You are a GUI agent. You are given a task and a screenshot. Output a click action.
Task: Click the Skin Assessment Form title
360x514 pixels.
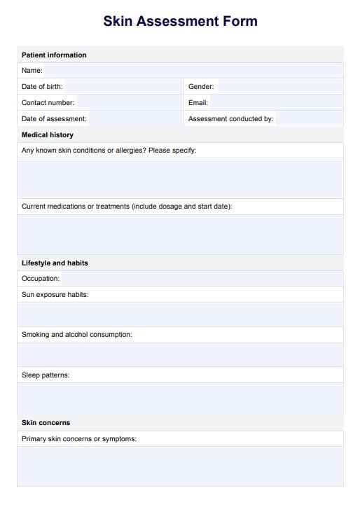click(x=180, y=21)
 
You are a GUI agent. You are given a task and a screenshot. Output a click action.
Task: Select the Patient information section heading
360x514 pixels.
click(x=54, y=55)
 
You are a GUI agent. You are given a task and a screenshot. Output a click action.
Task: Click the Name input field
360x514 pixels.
click(x=193, y=70)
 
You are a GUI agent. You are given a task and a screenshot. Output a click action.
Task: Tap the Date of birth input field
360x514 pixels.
click(x=123, y=86)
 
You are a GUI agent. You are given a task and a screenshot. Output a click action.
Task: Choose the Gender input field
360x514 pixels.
click(x=279, y=86)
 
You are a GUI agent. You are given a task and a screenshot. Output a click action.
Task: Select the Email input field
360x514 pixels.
click(x=277, y=102)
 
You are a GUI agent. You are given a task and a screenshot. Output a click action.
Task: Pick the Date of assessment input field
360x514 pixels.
click(x=135, y=118)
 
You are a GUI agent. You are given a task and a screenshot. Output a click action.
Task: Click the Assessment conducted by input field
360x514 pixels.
click(x=309, y=118)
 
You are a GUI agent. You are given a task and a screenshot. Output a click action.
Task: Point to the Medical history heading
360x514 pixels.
click(x=48, y=134)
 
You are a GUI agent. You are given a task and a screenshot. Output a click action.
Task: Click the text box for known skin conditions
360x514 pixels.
click(x=180, y=178)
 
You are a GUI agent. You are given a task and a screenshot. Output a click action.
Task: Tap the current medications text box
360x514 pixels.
click(x=180, y=234)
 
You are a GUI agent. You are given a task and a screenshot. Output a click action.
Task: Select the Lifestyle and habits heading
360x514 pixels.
click(x=55, y=263)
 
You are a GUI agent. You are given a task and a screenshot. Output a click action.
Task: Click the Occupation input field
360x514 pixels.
click(x=202, y=279)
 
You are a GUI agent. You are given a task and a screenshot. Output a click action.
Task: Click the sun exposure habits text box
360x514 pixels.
click(x=180, y=314)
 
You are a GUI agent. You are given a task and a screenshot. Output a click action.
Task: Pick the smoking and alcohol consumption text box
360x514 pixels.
click(x=180, y=354)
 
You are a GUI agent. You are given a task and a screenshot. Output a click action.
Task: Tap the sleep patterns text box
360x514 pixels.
click(x=180, y=398)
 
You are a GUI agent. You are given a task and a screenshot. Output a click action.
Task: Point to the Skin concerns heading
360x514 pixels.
click(x=46, y=422)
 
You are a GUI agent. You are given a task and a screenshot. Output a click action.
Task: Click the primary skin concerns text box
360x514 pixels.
click(x=180, y=466)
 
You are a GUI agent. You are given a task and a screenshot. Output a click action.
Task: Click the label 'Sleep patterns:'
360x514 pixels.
click(x=46, y=375)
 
